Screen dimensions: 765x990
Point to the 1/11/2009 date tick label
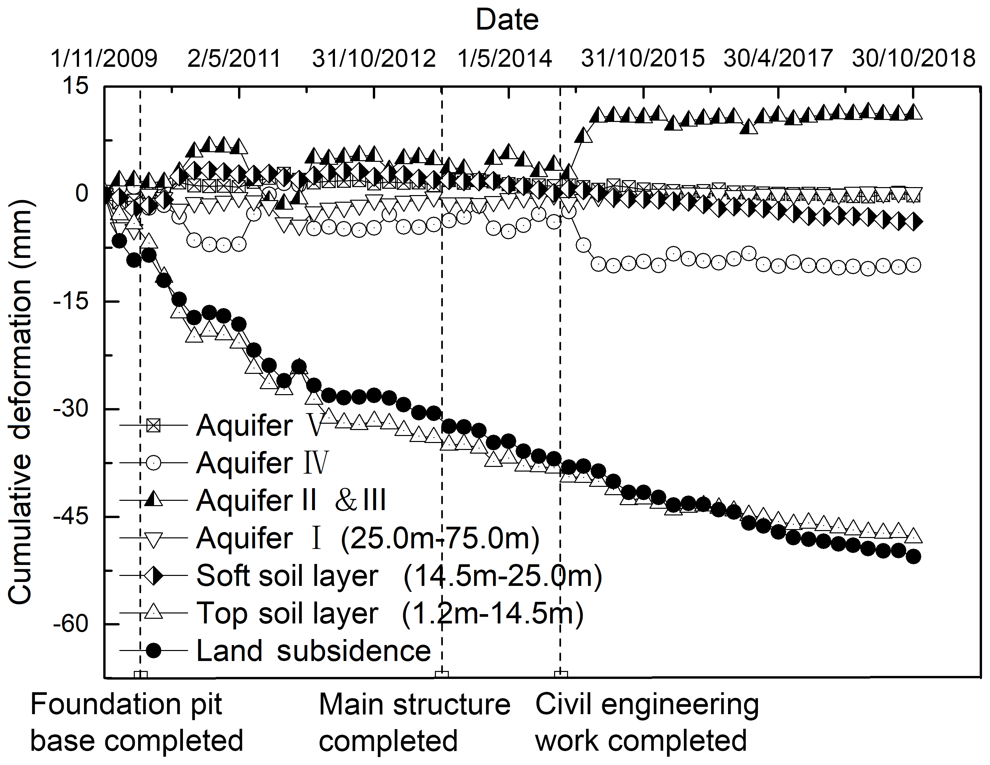click(104, 58)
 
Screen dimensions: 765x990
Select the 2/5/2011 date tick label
click(234, 58)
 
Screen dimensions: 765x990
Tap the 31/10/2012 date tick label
click(374, 58)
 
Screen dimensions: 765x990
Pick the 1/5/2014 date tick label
click(505, 58)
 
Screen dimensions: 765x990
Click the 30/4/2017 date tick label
click(778, 58)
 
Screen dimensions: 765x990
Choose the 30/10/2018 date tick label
click(913, 58)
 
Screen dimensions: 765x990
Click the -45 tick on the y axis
click(70, 516)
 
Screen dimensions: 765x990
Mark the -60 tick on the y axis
click(70, 624)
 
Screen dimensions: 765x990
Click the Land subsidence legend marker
click(154, 651)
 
